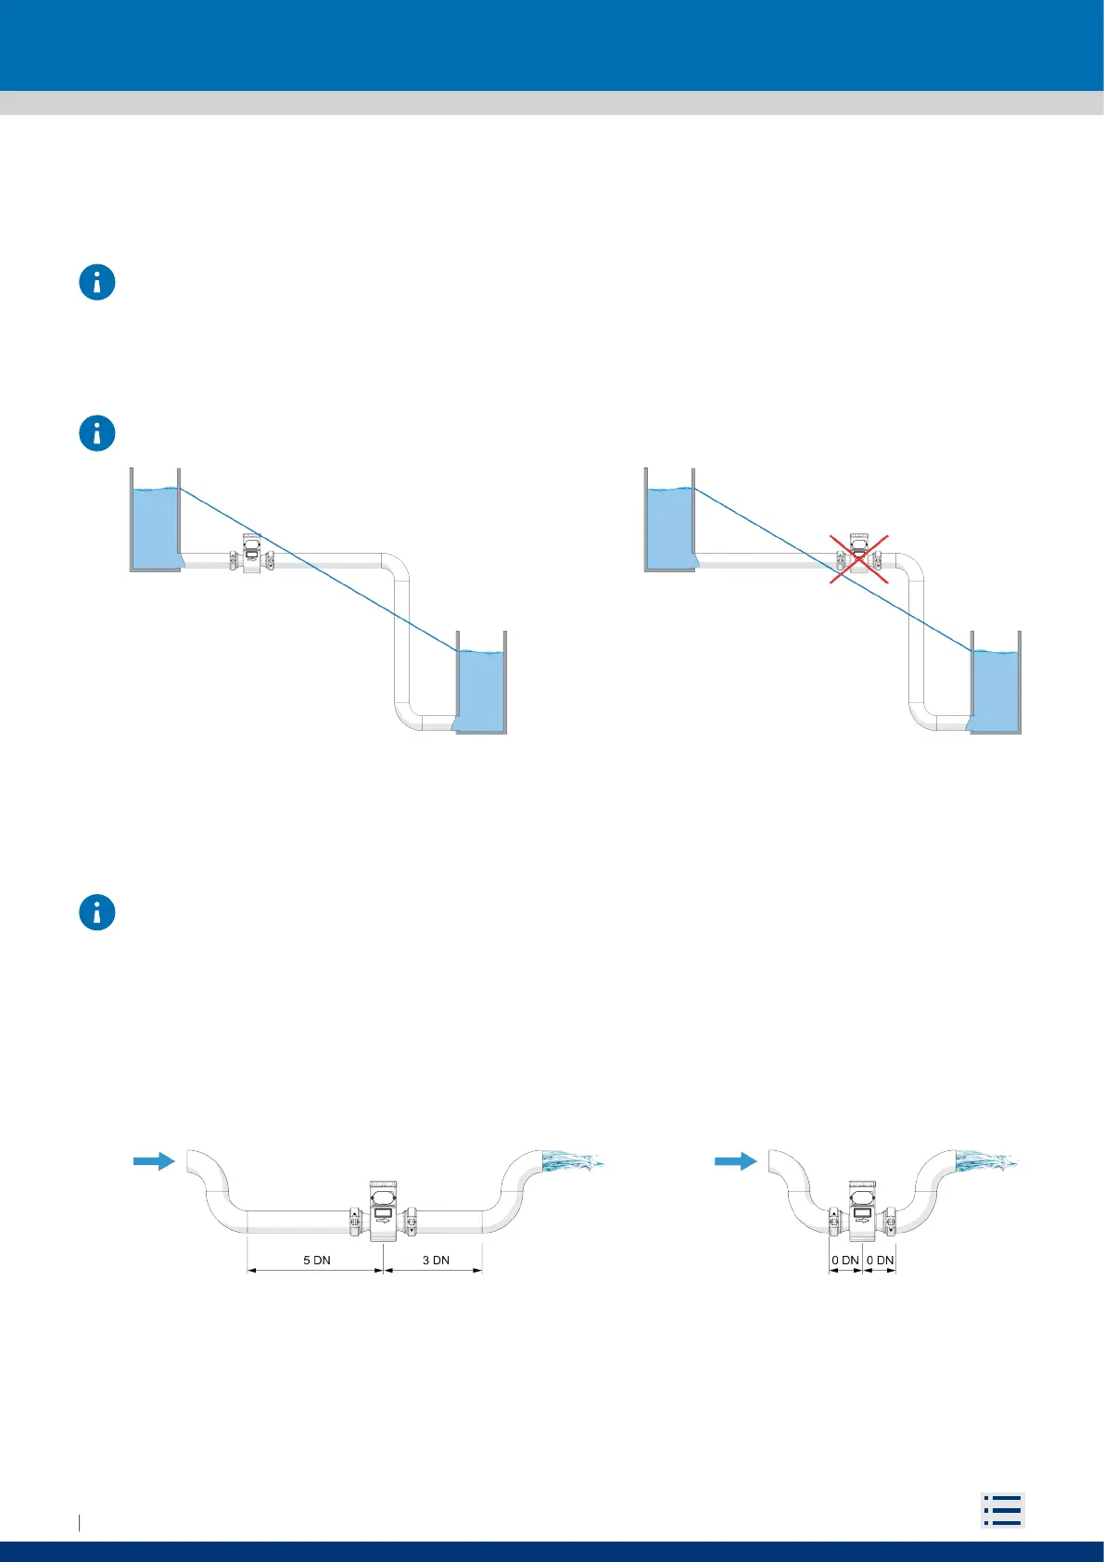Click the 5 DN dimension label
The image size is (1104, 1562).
317,1260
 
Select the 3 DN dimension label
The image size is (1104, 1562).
436,1260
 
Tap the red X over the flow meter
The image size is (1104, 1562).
859,559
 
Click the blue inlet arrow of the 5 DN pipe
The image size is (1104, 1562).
154,1160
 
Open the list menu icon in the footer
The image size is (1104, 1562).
1002,1509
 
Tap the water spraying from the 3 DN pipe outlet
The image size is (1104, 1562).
571,1159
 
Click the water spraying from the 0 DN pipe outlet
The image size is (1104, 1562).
986,1159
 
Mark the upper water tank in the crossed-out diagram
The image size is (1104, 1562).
669,526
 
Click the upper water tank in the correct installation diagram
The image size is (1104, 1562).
154,526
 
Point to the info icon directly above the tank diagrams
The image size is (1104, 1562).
97,433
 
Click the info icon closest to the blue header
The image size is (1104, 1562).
97,282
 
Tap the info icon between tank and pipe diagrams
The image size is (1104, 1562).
97,913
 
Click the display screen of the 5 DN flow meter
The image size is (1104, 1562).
383,1212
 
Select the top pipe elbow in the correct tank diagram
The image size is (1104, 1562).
396,565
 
